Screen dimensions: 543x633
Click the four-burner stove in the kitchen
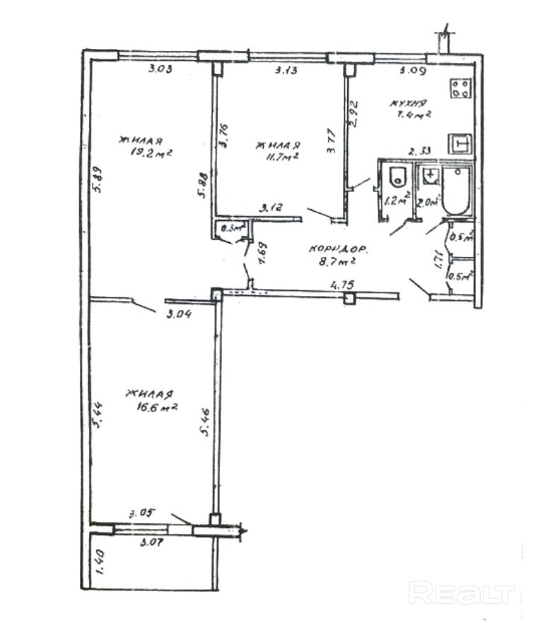tap(461, 89)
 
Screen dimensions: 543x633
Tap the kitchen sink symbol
tap(461, 144)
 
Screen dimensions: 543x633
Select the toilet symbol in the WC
tap(396, 178)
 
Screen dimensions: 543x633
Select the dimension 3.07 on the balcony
tap(151, 543)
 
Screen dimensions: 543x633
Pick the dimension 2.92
tap(356, 113)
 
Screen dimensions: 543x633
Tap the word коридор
tap(337, 249)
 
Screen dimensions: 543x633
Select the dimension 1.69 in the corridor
tap(262, 253)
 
